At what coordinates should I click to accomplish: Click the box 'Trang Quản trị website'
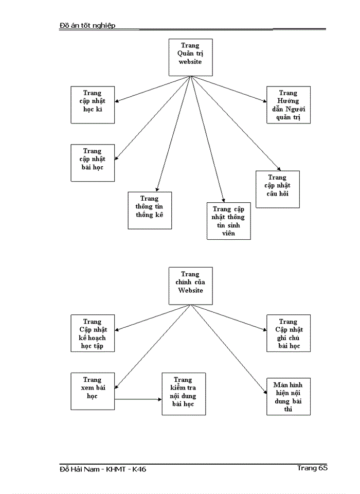tap(190, 57)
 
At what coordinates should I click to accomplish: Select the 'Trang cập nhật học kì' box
tap(93, 104)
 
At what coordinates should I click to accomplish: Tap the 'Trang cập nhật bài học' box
tap(93, 163)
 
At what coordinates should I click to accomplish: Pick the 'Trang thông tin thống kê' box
tap(150, 210)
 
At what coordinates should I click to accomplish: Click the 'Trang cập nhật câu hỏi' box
tap(277, 189)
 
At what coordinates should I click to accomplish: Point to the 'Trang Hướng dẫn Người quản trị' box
tap(288, 104)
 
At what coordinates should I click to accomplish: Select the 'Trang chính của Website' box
tap(190, 286)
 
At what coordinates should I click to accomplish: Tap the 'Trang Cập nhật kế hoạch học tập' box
tap(93, 333)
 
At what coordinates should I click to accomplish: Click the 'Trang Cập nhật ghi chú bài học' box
tap(288, 333)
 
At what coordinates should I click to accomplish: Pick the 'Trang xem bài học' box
tap(93, 391)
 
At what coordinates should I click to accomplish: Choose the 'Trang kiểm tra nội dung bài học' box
tap(184, 394)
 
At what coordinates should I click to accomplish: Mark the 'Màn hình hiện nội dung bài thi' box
tap(288, 396)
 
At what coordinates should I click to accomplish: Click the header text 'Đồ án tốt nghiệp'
tap(87, 25)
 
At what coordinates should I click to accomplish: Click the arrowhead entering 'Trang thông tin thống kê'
tap(157, 189)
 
